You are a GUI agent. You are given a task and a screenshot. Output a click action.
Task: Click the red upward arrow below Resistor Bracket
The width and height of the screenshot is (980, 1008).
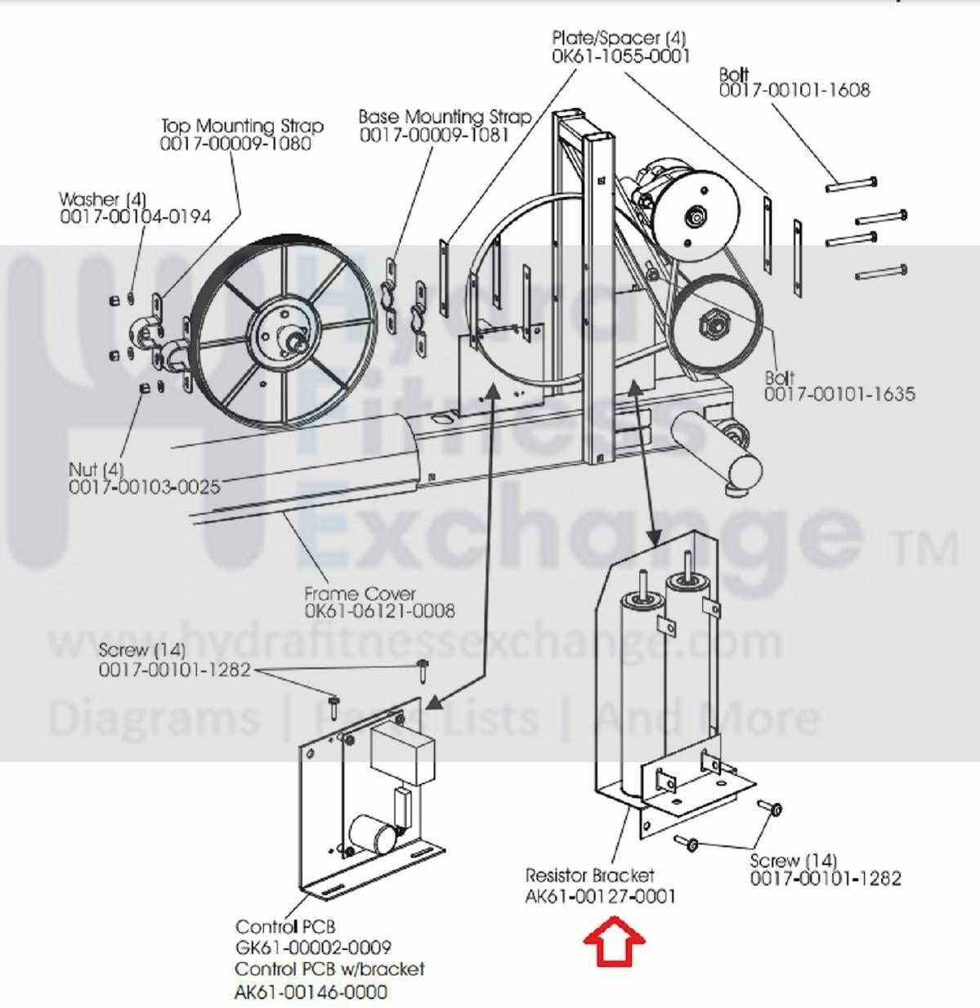614,942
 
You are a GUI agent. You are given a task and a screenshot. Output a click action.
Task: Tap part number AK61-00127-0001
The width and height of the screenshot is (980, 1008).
600,896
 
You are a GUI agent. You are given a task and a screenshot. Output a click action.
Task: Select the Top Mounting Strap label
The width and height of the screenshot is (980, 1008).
242,126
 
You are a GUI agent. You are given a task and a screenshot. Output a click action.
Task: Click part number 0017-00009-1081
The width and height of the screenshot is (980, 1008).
434,135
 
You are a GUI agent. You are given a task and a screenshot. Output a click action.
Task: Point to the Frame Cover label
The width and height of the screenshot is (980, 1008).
360,594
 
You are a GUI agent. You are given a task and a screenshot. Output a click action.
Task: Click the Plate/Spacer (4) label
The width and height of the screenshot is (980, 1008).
619,38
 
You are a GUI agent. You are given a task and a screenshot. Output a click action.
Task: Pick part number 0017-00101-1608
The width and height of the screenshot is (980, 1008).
794,90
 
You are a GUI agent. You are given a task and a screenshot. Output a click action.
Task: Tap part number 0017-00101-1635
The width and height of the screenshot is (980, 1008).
839,394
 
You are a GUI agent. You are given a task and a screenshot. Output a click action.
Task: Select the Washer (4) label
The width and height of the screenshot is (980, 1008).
102,199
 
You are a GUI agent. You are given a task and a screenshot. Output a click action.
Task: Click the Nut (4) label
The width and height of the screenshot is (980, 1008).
96,469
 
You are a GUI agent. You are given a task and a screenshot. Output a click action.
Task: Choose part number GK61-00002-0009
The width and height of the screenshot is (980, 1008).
313,948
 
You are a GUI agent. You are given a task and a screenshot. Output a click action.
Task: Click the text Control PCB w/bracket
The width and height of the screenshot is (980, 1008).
329,969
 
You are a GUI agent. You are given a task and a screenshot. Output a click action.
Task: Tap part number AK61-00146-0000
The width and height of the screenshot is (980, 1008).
311,992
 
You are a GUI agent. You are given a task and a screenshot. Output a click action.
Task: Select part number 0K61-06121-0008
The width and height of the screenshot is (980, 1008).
379,611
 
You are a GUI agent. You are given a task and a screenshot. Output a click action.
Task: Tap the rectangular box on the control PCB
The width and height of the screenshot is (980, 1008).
401,752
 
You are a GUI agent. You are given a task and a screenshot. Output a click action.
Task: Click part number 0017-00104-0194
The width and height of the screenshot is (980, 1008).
135,217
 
